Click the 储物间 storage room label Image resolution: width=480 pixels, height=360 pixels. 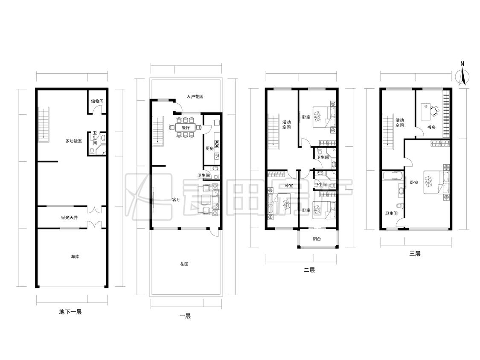tap(97, 101)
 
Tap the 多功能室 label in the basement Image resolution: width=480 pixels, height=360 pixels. tap(73, 141)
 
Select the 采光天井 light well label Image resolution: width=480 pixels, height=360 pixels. tap(69, 218)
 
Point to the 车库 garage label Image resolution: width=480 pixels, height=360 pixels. tap(75, 256)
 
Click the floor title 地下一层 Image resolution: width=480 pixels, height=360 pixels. tap(70, 312)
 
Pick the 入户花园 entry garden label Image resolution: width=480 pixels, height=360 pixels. tap(195, 96)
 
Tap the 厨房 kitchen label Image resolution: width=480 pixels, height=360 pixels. tap(209, 148)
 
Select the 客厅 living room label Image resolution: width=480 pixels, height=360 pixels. tap(176, 200)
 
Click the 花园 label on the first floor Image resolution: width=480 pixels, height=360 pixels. tap(184, 264)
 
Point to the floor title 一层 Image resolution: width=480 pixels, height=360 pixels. tap(185, 316)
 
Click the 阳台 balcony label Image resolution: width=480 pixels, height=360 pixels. tap(317, 239)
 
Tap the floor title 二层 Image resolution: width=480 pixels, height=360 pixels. tap(309, 270)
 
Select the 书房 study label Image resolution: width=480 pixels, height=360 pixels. tap(431, 127)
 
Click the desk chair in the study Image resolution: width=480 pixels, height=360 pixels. tap(435, 110)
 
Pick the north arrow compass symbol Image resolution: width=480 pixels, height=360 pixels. tap(462, 76)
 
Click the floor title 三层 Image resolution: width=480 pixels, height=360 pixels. tap(415, 253)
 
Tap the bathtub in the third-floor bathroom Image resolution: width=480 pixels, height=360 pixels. tap(393, 176)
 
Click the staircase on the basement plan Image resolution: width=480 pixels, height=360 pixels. tap(44, 124)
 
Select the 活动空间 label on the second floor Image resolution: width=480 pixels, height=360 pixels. tap(286, 125)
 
